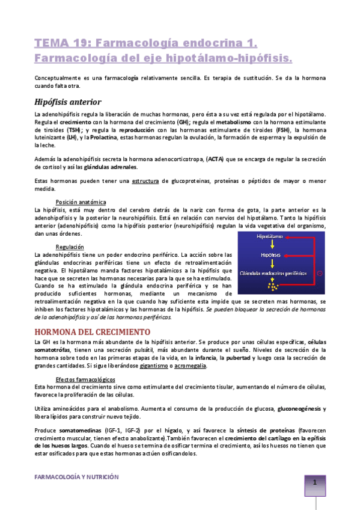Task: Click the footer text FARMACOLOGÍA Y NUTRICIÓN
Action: pos(76,476)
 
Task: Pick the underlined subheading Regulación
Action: pos(70,247)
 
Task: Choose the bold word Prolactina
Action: pos(90,137)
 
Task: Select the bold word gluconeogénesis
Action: pos(298,409)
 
